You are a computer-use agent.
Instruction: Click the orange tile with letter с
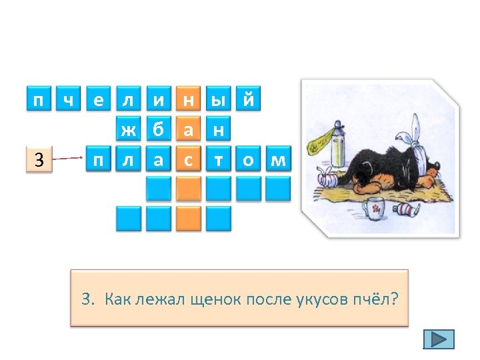[x=189, y=159]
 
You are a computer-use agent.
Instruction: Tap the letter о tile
[x=249, y=159]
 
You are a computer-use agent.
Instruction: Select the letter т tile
[x=219, y=159]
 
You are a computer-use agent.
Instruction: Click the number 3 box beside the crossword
[x=39, y=159]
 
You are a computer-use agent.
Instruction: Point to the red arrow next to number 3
[x=67, y=159]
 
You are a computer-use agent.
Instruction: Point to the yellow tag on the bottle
[x=321, y=137]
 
